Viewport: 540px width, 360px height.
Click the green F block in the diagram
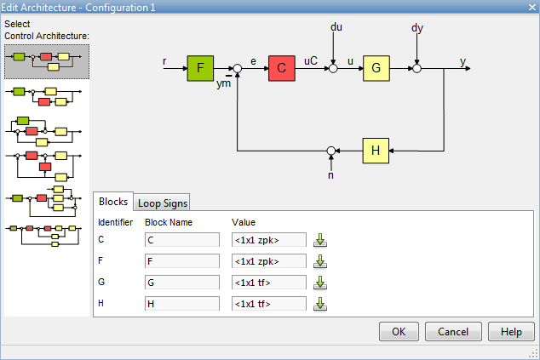[x=201, y=67]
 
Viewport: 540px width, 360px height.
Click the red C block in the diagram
[x=281, y=67]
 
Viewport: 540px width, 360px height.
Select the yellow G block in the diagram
[x=376, y=67]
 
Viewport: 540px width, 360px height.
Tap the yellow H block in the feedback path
[x=376, y=150]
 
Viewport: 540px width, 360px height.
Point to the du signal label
[x=336, y=28]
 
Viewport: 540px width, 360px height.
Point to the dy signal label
[x=417, y=28]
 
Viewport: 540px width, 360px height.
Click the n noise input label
[x=332, y=175]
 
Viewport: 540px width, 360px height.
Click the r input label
[x=164, y=61]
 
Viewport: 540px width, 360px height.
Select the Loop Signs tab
[x=164, y=203]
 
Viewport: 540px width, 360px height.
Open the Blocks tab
[x=112, y=202]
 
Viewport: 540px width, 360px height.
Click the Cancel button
[x=453, y=332]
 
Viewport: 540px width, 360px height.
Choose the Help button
[x=511, y=332]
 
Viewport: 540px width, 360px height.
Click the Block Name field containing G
[x=182, y=282]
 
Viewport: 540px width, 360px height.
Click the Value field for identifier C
[x=269, y=239]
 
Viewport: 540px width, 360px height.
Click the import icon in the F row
[x=321, y=260]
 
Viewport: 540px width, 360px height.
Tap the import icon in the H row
[x=321, y=303]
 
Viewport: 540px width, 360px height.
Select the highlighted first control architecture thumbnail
[x=47, y=60]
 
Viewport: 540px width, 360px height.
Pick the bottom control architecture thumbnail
[x=47, y=234]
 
